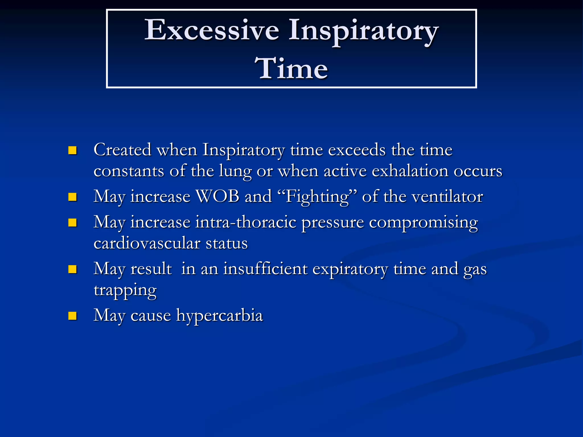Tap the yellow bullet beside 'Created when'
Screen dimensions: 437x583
pos(73,150)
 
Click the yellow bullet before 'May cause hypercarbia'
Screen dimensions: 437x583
pos(73,316)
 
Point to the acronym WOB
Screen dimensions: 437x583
pos(218,197)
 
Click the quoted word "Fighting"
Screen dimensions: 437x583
pos(317,197)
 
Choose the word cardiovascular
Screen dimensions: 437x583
pos(147,244)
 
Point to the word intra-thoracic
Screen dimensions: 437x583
pos(246,222)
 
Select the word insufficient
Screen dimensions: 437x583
pos(265,269)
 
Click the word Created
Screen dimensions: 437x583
pos(122,150)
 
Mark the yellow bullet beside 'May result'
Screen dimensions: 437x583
pos(73,269)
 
